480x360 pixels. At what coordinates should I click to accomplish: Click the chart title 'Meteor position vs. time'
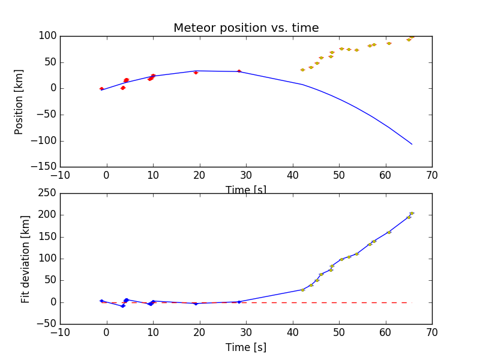coord(246,28)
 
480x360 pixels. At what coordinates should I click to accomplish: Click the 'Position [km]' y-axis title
coord(19,101)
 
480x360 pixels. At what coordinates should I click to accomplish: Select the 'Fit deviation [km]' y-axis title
coord(26,259)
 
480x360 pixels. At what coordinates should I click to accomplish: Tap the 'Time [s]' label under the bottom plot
coord(246,347)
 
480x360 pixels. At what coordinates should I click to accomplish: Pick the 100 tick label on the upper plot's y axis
coord(48,36)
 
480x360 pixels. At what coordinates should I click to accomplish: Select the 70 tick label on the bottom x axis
coord(432,332)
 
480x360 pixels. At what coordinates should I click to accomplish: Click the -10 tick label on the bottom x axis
coord(60,332)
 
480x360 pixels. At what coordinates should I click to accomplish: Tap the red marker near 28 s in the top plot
coord(239,71)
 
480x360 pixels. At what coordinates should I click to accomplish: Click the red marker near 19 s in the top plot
coord(196,73)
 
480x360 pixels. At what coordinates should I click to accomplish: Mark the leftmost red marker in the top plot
coord(101,89)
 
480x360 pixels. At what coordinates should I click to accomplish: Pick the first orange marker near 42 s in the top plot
coord(302,70)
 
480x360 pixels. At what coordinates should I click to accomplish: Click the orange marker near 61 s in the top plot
coord(389,43)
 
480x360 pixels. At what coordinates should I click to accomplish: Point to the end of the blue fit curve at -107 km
coord(412,144)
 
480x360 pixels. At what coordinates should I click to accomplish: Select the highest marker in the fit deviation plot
coord(412,213)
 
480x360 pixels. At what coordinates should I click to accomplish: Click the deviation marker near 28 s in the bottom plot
coord(239,302)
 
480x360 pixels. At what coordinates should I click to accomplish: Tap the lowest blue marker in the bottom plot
coord(123,306)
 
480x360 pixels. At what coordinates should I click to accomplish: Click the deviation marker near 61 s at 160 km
coord(389,232)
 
